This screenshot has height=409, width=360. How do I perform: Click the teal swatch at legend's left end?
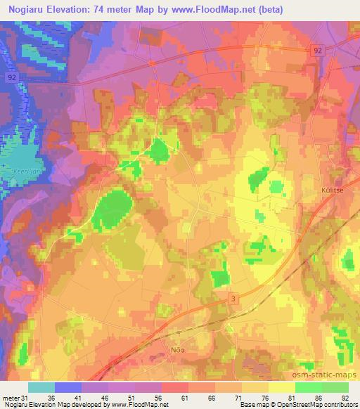tap(41, 387)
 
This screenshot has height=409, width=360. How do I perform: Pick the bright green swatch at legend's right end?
tap(335, 387)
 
